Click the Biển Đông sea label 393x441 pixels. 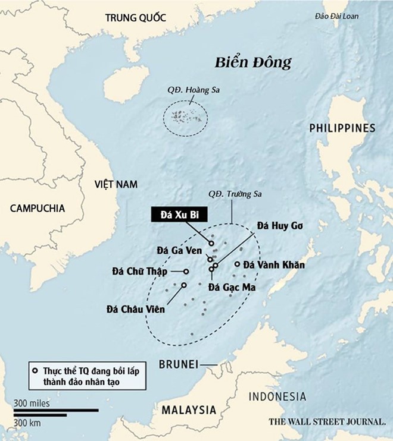[x=253, y=62]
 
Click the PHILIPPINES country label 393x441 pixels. [x=342, y=128]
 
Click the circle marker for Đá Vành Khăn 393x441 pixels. [x=237, y=264]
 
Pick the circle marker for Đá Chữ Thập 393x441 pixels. [x=186, y=272]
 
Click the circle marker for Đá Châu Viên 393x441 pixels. [x=183, y=285]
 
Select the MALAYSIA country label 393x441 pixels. [x=188, y=410]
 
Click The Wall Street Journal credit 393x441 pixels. [x=327, y=422]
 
